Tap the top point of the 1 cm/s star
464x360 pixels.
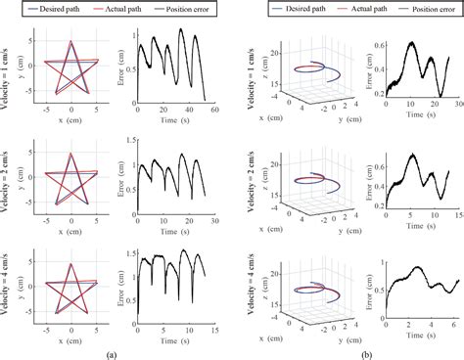click(x=70, y=41)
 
